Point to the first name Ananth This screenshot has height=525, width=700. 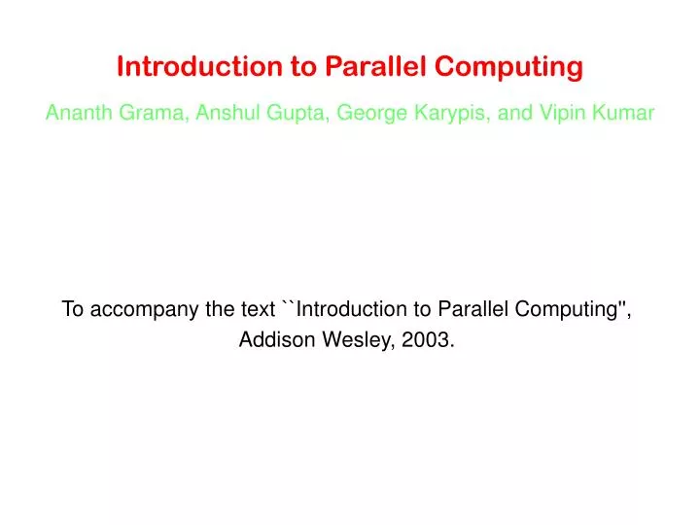point(79,114)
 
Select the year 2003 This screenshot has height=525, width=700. point(428,341)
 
